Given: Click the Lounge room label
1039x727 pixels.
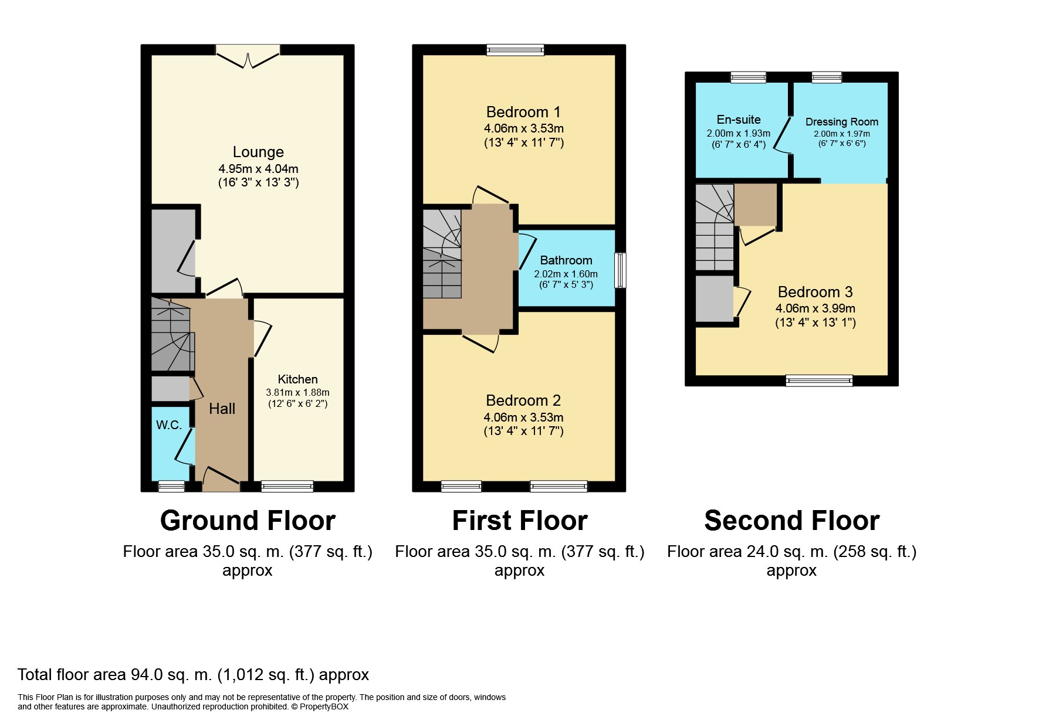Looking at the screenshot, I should coord(258,152).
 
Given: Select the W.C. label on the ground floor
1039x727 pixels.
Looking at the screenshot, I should coord(169,425).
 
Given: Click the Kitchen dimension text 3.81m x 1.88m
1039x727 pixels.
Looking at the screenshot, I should coord(297,392).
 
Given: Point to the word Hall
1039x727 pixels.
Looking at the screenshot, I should coord(222,409).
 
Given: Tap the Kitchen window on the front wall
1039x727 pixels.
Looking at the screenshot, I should coord(287,485).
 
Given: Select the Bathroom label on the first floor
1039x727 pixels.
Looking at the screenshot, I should coord(566,260).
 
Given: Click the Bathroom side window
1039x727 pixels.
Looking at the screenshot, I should coord(620,270).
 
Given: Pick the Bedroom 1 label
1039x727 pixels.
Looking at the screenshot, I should coord(523,112).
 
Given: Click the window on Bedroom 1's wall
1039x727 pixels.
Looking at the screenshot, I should coord(515,50).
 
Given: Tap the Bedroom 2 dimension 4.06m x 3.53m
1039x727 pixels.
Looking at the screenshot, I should coord(523,417).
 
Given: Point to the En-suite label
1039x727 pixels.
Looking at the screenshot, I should coord(738,120).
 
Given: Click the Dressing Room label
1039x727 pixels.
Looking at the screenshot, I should coord(841,122).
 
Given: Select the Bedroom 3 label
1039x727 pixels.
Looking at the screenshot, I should coord(815,292).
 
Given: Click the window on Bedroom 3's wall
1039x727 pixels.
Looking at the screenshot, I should coord(818,381).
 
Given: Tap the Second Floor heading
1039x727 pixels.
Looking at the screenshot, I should coord(791,521).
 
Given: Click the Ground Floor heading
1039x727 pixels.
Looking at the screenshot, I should coord(248,521).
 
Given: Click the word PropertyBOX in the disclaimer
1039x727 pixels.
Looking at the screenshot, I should coord(324,706).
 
